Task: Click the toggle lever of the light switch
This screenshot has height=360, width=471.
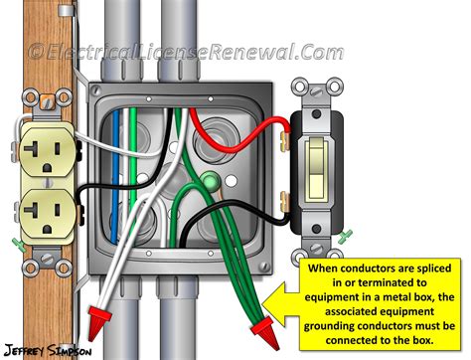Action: [x=319, y=178]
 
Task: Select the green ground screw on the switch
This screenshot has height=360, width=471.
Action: [x=346, y=235]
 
